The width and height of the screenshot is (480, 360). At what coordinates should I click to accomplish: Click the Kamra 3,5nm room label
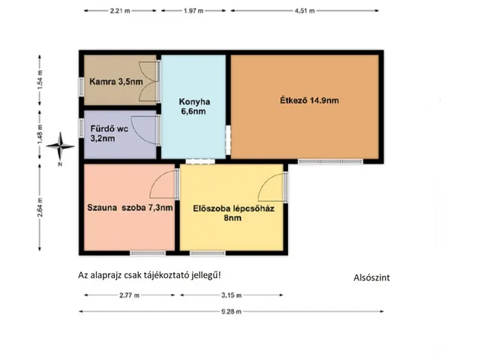coord(116,82)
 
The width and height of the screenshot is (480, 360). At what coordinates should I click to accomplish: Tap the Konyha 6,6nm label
coord(194,106)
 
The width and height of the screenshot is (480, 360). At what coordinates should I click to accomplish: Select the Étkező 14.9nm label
coord(309,100)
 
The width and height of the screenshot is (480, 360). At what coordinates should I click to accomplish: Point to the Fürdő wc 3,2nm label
coord(109,133)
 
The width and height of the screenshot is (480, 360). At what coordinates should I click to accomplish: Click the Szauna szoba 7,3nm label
coord(130,208)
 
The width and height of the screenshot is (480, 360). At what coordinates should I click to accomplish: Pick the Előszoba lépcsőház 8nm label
coord(233,213)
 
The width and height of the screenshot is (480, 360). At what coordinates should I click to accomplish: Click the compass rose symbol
coord(60,146)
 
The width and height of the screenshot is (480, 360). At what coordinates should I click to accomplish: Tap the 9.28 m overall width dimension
coord(232,312)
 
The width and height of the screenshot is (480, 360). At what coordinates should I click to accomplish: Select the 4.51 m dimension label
coord(304,10)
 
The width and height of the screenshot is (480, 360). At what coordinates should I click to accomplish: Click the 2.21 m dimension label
coord(120,10)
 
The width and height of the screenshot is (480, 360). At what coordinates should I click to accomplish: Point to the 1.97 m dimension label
coord(193,10)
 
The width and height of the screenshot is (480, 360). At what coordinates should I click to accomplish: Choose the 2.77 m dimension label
coord(129,295)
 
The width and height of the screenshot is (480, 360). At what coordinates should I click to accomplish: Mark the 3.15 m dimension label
coord(232,295)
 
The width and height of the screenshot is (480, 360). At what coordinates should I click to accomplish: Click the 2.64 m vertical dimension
coord(40,207)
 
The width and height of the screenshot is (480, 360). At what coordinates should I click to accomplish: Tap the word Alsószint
coord(372,277)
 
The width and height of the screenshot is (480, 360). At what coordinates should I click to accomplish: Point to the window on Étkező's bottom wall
coord(331,161)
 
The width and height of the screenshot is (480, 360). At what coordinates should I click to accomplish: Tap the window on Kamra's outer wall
coord(82,87)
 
